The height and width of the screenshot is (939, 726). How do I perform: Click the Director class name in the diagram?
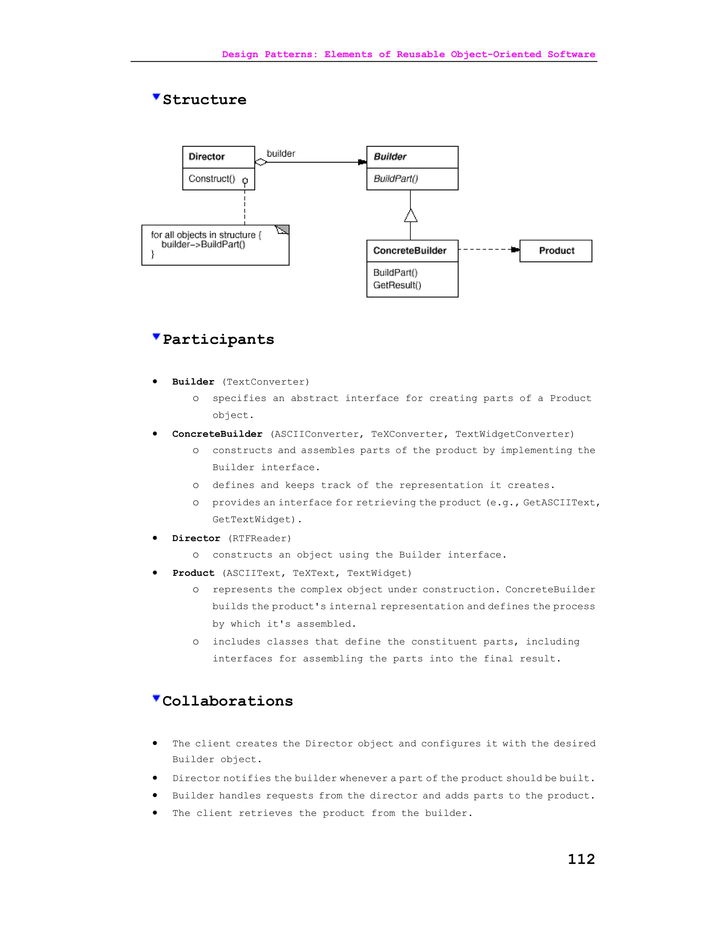click(x=206, y=157)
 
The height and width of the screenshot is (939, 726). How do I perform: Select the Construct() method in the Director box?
click(x=212, y=179)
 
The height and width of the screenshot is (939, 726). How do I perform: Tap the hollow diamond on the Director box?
click(x=261, y=162)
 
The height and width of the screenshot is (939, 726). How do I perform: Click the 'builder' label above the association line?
click(x=281, y=153)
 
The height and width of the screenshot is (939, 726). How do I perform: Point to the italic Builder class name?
click(x=390, y=157)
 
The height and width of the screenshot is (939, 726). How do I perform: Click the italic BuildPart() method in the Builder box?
click(x=396, y=179)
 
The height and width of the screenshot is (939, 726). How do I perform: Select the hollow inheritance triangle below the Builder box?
click(x=411, y=216)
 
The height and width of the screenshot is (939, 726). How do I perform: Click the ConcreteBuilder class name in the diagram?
click(x=409, y=251)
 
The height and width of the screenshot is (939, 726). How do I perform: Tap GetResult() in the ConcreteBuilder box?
click(x=397, y=285)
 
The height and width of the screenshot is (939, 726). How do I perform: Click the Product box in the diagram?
click(x=556, y=251)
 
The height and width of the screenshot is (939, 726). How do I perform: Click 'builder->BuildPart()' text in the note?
click(x=203, y=244)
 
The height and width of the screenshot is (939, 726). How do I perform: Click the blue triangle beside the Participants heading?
click(x=156, y=337)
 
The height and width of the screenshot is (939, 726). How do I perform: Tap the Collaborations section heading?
click(x=228, y=701)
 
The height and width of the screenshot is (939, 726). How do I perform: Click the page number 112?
click(x=581, y=859)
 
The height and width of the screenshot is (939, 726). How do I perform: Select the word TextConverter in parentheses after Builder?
click(x=266, y=382)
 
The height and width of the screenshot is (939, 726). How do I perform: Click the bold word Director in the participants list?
click(x=196, y=538)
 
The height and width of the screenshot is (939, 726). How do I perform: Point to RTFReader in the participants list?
click(x=259, y=538)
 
